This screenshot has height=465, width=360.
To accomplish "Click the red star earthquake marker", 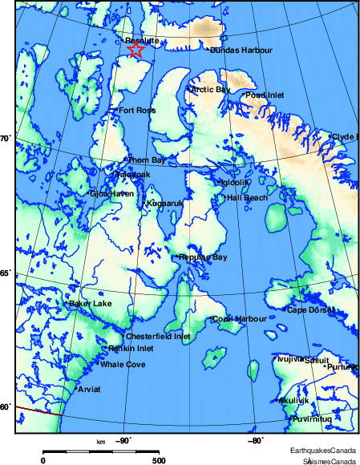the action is [136, 51].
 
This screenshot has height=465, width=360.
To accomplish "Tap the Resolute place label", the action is [144, 40].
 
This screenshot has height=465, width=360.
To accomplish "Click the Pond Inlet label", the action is [265, 95].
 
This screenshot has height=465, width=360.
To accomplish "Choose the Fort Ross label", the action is [136, 111].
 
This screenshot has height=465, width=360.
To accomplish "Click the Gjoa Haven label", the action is [111, 193].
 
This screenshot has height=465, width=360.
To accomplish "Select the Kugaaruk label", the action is [165, 204].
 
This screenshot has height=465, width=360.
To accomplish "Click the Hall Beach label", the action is [248, 197].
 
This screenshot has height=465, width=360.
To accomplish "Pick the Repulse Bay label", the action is [204, 257].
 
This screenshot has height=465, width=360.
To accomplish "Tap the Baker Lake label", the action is [91, 304].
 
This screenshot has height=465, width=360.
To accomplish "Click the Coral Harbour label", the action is [240, 319].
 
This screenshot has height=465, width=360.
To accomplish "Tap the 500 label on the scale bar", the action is [158, 460].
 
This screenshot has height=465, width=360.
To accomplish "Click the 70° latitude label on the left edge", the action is [4, 139].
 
